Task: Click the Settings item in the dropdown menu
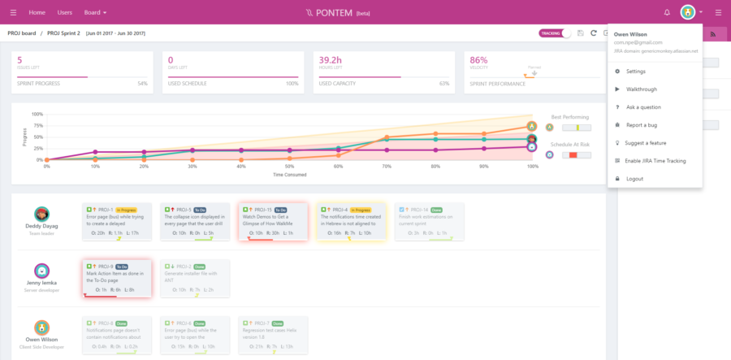(x=636, y=72)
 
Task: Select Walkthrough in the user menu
(x=641, y=89)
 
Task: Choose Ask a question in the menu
(x=643, y=107)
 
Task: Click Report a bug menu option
(x=642, y=125)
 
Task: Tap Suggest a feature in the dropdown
(x=647, y=143)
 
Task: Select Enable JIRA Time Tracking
(x=655, y=161)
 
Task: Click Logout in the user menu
(x=634, y=179)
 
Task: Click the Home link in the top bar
(x=37, y=13)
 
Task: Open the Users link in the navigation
(x=65, y=13)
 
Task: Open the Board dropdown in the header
(x=96, y=13)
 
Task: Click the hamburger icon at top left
(x=12, y=13)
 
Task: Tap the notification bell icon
(x=667, y=13)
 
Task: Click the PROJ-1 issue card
(x=117, y=222)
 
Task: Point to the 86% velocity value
(x=478, y=60)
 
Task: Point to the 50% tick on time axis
(x=290, y=166)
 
